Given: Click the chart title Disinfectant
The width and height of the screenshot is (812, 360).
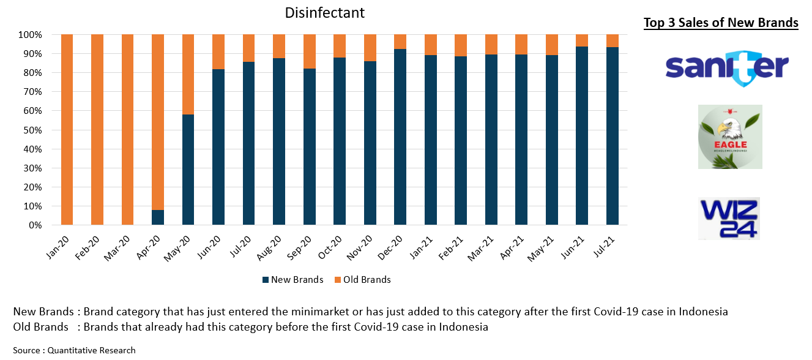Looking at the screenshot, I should tap(325, 13).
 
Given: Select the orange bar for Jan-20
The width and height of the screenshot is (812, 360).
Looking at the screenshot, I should tap(67, 130).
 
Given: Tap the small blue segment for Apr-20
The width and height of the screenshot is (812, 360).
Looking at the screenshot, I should tap(158, 217).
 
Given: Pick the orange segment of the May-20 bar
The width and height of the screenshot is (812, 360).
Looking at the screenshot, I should tap(188, 74).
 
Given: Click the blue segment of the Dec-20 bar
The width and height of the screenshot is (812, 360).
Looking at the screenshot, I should tap(400, 137).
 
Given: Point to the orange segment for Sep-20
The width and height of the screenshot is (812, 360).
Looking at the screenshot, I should tap(310, 51).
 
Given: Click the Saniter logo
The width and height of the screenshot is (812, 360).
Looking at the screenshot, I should tap(727, 67).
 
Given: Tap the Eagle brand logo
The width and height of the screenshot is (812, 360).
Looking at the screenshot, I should tap(730, 137).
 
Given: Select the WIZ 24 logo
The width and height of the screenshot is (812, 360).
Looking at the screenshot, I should tap(729, 218).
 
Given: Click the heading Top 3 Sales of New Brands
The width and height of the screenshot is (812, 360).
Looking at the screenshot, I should tap(721, 23).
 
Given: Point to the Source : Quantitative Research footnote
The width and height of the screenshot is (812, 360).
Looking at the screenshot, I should tap(74, 350).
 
